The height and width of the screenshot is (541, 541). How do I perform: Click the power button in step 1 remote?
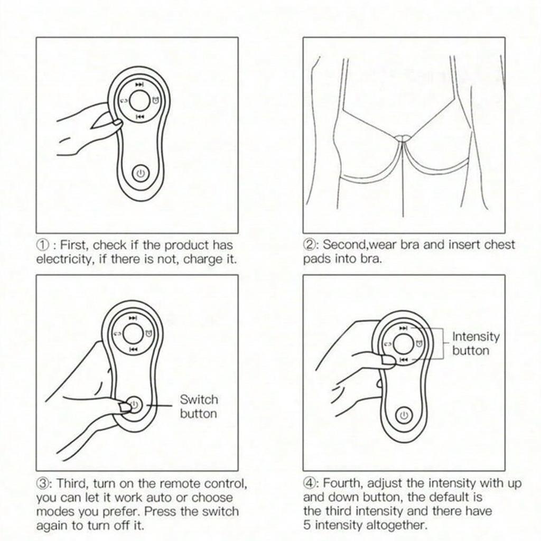[x=139, y=173]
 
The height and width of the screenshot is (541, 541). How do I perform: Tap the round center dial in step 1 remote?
[x=140, y=100]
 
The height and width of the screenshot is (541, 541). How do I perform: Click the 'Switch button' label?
[x=198, y=406]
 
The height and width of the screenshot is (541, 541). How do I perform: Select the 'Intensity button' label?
[x=475, y=343]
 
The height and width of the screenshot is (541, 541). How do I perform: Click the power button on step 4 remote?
[x=405, y=415]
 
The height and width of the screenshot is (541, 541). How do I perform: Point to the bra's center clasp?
[x=404, y=138]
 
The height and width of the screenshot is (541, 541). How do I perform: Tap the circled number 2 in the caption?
[x=310, y=245]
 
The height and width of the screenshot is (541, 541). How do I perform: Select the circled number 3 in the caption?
[x=44, y=483]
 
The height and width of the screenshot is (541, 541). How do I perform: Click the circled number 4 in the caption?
[x=310, y=483]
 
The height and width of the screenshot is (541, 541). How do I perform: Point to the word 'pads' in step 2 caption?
[x=315, y=259]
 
